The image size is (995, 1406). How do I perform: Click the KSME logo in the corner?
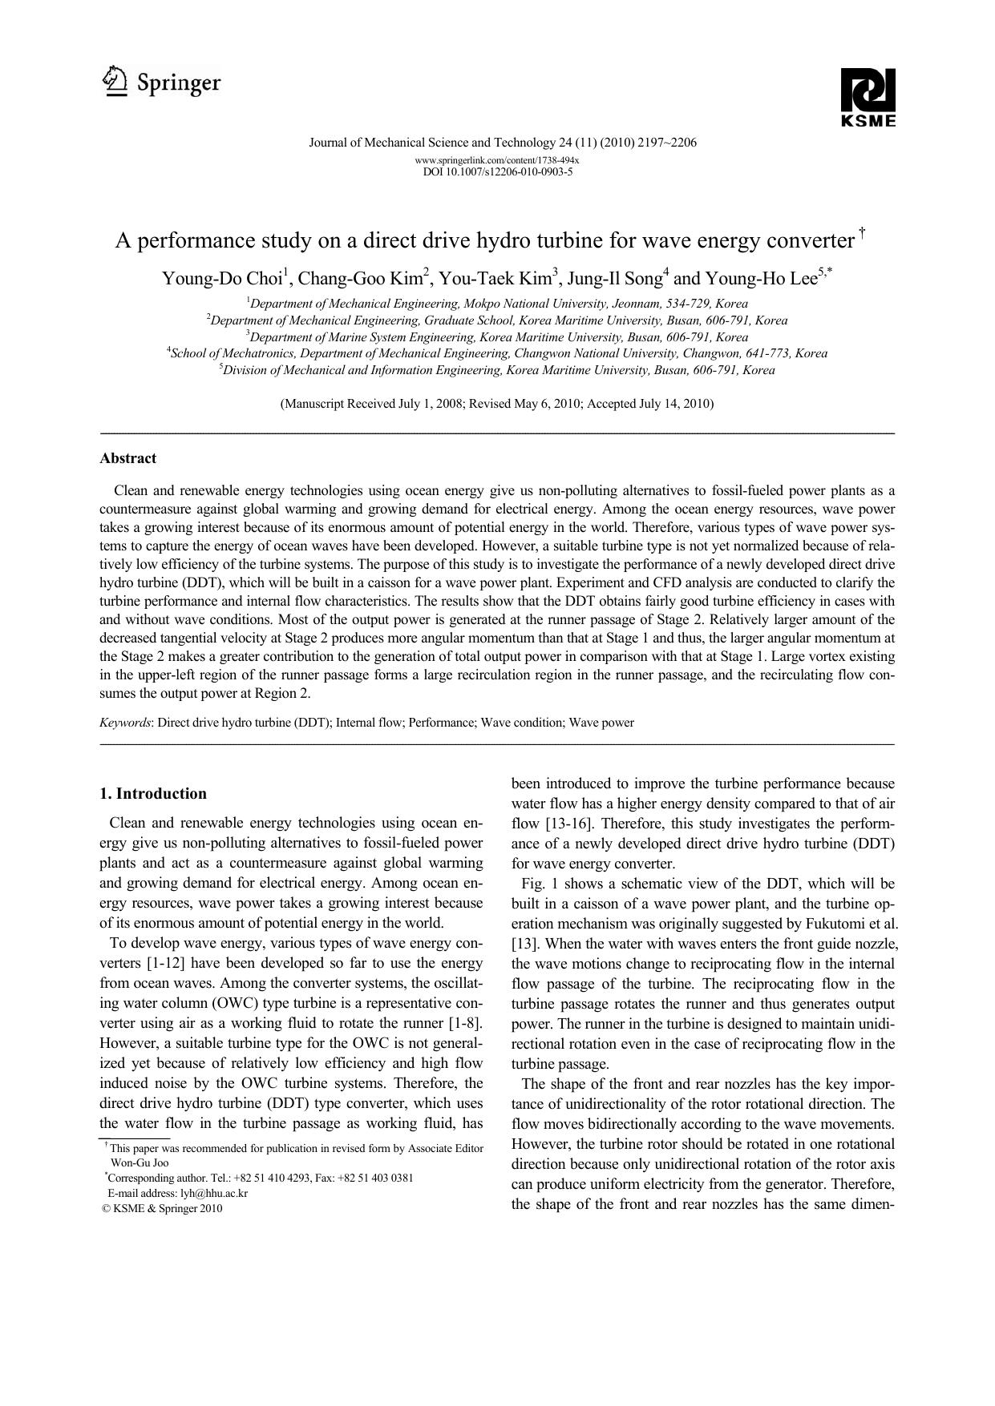[868, 98]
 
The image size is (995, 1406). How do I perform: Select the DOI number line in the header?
[497, 171]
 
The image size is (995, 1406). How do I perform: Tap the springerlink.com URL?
[497, 160]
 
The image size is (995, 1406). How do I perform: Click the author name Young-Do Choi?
[222, 279]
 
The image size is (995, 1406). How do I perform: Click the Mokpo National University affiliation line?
[497, 304]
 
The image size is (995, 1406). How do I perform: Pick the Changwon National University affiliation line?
[497, 353]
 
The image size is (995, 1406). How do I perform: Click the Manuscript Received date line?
[497, 404]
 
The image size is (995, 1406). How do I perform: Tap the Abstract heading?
[127, 458]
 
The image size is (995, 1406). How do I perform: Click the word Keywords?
[125, 723]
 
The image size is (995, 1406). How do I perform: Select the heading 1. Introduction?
[153, 794]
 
